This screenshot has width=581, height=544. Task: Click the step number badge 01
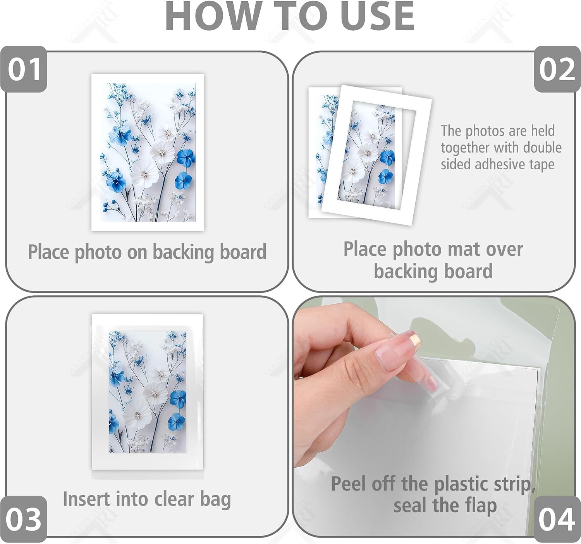[24, 69]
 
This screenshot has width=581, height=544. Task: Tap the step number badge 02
[557, 69]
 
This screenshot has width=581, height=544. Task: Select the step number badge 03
[24, 519]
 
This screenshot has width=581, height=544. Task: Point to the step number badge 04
[557, 519]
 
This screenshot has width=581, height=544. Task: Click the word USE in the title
[378, 16]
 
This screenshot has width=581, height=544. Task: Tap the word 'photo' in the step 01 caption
[98, 252]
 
